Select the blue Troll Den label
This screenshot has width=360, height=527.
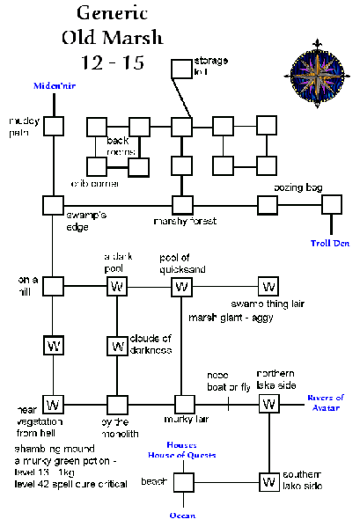[x=330, y=242]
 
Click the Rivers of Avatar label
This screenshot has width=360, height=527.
[x=326, y=402]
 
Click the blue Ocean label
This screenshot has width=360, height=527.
[x=183, y=515]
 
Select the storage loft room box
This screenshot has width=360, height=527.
[x=180, y=70]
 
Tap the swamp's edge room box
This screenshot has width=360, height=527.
[x=54, y=206]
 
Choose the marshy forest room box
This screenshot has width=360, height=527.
[x=182, y=206]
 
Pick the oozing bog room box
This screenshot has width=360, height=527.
[x=268, y=206]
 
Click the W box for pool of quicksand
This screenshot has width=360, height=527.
[x=182, y=286]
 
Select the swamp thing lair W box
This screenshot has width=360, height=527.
[x=268, y=286]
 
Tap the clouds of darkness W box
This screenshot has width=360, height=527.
[x=117, y=345]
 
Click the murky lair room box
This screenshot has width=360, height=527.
[x=183, y=404]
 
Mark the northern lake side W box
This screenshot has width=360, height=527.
[x=268, y=404]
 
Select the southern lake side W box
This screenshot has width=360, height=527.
[x=268, y=482]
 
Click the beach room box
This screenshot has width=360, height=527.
[x=183, y=482]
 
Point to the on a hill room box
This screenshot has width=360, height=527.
[x=54, y=286]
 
